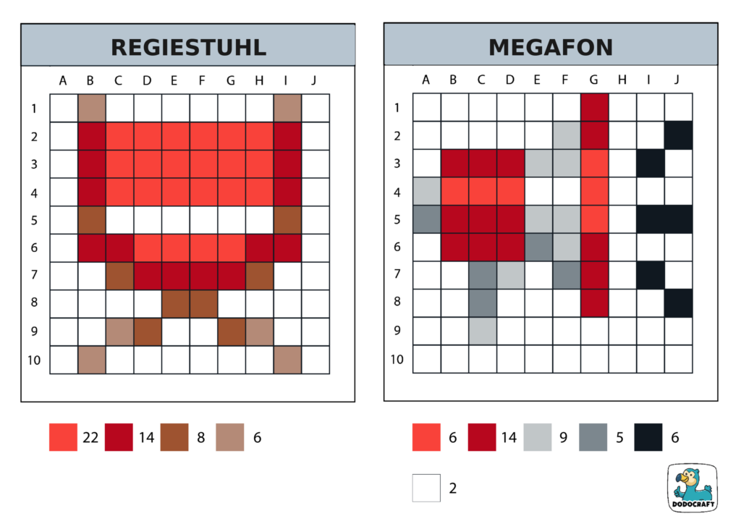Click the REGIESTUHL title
pyautogui.click(x=188, y=47)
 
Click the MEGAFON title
pyautogui.click(x=551, y=47)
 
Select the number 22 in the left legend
pyautogui.click(x=90, y=437)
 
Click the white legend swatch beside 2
pyautogui.click(x=426, y=488)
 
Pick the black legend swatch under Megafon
pyautogui.click(x=648, y=437)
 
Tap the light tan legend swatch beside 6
pyautogui.click(x=229, y=437)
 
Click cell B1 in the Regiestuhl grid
pyautogui.click(x=91, y=109)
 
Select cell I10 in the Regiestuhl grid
pyautogui.click(x=287, y=360)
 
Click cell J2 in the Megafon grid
pyautogui.click(x=678, y=135)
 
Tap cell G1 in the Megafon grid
pyautogui.click(x=594, y=108)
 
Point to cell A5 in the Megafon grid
pyautogui.click(x=426, y=219)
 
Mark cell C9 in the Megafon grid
pyautogui.click(x=482, y=331)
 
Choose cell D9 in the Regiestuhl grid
pyautogui.click(x=147, y=331)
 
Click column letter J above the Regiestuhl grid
pyautogui.click(x=313, y=80)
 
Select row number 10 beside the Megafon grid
pyautogui.click(x=397, y=359)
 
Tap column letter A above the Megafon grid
pyautogui.click(x=426, y=80)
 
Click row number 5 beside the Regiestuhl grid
pyautogui.click(x=34, y=220)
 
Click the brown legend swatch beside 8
pyautogui.click(x=174, y=437)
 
